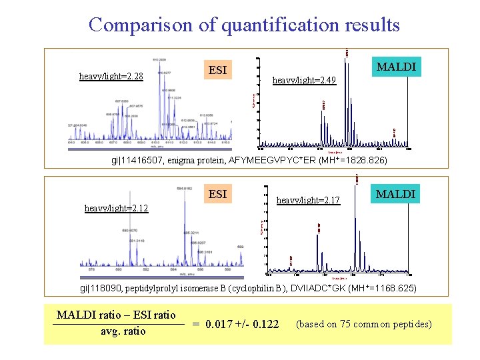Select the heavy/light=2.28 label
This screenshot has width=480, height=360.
(x=111, y=76)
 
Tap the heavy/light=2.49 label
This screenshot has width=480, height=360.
(x=305, y=81)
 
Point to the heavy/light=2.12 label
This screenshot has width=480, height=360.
(x=117, y=208)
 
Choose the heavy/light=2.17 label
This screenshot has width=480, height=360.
(x=308, y=199)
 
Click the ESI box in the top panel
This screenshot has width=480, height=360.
(x=217, y=69)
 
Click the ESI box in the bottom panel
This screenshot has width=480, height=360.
(x=217, y=195)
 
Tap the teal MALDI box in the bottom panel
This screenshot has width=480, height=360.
(x=396, y=194)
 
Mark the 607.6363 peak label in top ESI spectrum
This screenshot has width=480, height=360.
(x=125, y=101)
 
